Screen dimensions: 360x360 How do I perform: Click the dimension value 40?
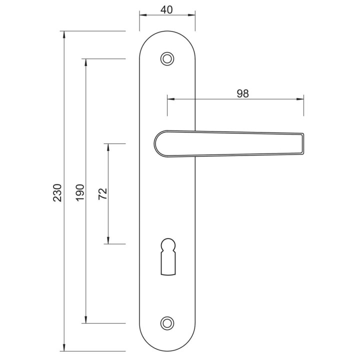pos(166,10)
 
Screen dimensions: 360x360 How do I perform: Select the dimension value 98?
pos(242,93)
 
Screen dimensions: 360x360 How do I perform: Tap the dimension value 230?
pos(57,192)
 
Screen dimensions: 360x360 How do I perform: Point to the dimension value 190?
pos(80,192)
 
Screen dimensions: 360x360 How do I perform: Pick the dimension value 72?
pos(102,194)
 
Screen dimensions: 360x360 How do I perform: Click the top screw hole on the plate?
pos(167,59)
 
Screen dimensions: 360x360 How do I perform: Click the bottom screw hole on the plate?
pos(167,323)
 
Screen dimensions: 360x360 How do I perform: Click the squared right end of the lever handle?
pos(302,143)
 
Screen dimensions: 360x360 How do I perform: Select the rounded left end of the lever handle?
pos(158,143)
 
